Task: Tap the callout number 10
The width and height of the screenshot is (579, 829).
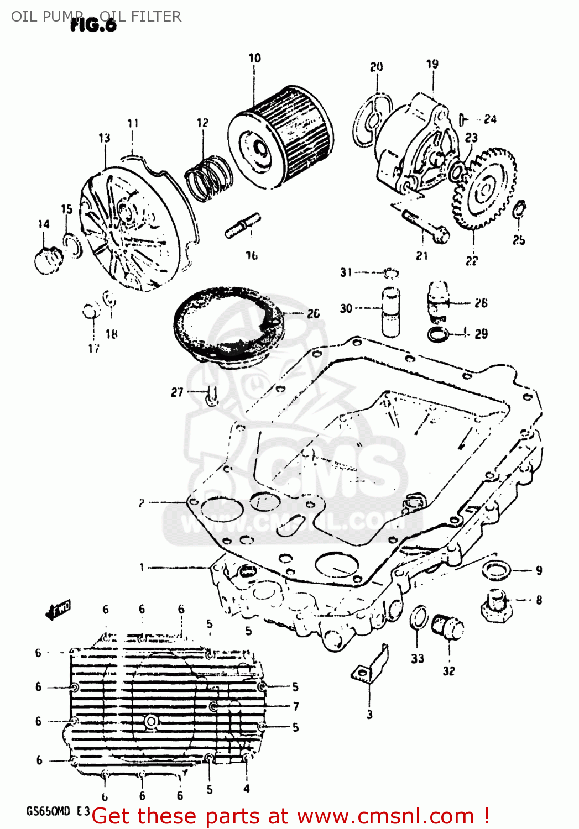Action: pos(254,58)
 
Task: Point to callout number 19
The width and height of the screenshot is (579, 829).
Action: pos(432,64)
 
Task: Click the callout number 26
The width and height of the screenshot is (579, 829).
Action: pos(314,314)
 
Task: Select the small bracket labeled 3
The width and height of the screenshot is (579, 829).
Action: pos(371,666)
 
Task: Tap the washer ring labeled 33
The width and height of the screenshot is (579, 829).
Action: pos(419,617)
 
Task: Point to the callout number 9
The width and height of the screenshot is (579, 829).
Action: pos(539,570)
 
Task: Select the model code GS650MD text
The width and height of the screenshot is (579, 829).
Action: pos(48,811)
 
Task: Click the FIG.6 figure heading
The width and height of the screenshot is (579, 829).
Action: pos(94,25)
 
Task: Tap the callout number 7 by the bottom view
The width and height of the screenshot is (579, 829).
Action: pos(296,706)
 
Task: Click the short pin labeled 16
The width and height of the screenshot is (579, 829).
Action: pos(242,225)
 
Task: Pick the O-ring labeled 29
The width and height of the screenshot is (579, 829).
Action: pos(439,334)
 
